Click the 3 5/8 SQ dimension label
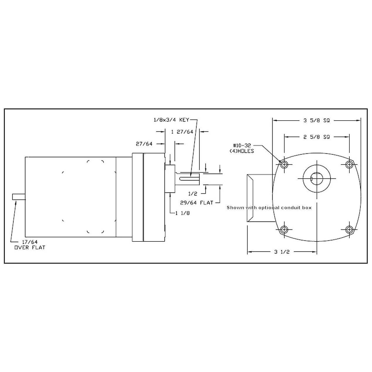(x=316, y=120)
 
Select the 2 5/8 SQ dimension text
(x=316, y=137)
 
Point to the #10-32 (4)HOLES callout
(x=243, y=148)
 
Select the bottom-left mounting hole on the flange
(x=284, y=229)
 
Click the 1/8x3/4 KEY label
(x=171, y=120)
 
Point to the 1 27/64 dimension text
(x=182, y=132)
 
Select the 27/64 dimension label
(x=144, y=144)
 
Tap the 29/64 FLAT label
(x=196, y=203)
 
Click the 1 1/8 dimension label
(x=182, y=213)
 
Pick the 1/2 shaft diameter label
(x=192, y=194)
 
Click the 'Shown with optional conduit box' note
(x=269, y=208)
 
